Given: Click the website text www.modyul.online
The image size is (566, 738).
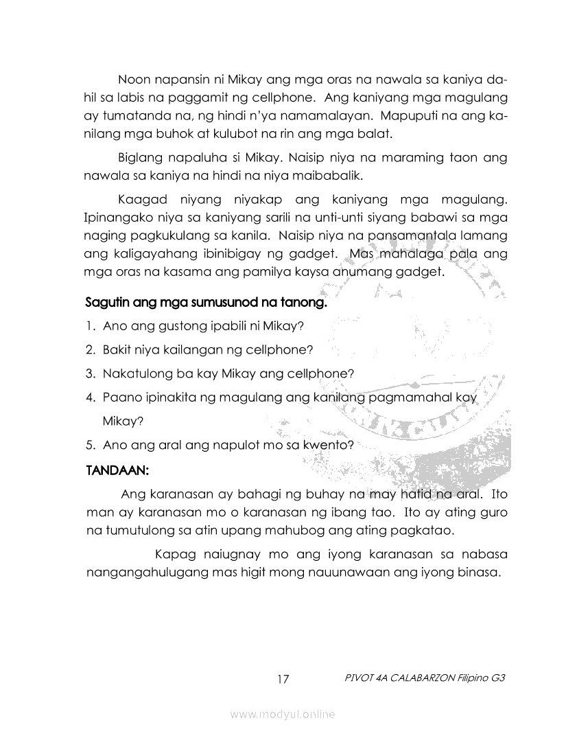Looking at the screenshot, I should [283, 715].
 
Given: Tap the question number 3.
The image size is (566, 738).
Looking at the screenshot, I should [90, 374].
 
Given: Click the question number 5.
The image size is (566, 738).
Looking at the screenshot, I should [90, 444].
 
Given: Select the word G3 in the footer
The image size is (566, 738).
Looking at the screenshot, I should [499, 678].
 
